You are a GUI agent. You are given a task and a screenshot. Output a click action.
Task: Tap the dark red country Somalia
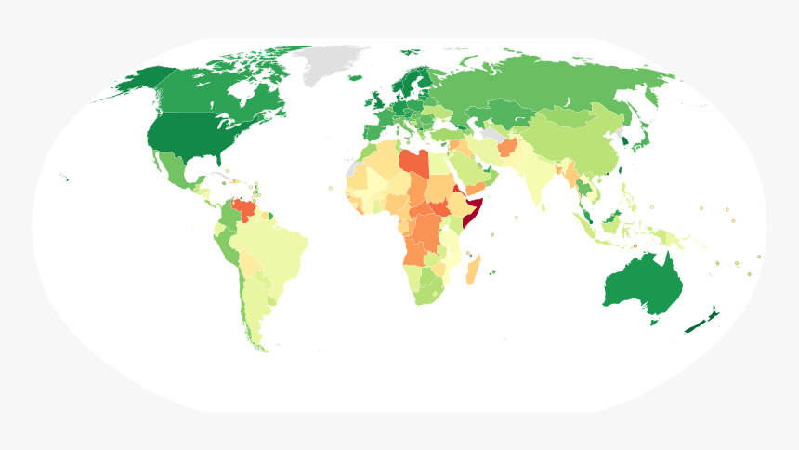[x=475, y=210]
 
